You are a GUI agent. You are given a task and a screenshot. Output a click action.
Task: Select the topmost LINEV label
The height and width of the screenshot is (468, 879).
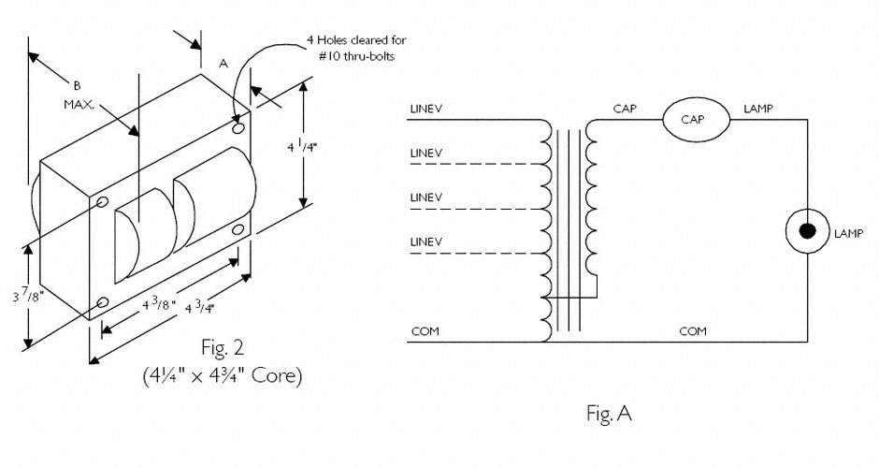426,109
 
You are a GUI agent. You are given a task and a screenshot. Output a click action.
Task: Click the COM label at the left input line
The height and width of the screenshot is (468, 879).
425,331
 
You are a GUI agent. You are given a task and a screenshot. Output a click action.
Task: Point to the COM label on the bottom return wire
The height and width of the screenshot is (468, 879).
693,331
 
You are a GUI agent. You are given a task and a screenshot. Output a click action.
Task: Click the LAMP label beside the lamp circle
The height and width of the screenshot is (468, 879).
849,234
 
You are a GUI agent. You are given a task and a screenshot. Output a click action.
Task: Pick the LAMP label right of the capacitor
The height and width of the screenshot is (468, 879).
758,109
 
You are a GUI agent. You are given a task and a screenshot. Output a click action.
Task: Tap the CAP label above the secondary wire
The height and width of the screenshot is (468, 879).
625,109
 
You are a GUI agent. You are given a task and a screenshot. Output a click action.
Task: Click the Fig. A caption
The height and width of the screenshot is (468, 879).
610,414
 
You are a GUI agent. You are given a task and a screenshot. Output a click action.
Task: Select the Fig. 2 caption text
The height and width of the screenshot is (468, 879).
223,348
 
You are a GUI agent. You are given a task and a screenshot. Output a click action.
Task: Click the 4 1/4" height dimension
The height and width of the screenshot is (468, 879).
303,148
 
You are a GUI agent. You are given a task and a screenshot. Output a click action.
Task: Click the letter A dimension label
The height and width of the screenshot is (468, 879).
223,64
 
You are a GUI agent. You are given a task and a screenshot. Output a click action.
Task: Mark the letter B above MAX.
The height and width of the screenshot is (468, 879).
77,85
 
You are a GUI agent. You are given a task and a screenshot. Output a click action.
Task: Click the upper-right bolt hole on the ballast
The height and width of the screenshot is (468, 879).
238,128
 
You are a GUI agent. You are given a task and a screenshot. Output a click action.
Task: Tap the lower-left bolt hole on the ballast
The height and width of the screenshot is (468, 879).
102,303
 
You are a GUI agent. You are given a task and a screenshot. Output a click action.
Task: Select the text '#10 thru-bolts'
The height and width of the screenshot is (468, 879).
360,57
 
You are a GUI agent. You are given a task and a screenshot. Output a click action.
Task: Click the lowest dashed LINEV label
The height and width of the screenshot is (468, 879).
426,241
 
